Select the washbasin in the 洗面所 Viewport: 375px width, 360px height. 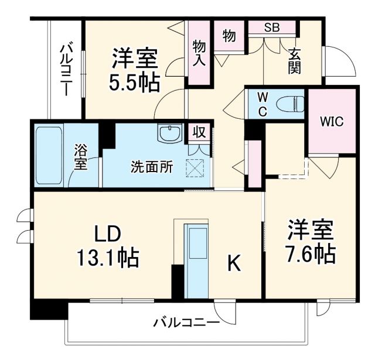tap(167, 132)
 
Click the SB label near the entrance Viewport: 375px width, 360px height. tap(271, 27)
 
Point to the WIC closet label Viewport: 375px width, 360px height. tap(331, 122)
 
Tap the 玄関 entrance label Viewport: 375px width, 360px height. tap(294, 60)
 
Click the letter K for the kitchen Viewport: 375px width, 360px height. tap(233, 265)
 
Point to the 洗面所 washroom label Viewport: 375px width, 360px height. tap(151, 166)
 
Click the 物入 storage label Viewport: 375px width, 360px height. tap(199, 52)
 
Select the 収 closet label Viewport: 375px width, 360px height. tap(199, 132)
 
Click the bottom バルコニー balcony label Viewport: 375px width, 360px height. tap(186, 323)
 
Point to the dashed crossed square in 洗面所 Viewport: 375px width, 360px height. tap(194, 168)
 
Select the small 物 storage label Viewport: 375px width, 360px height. tap(229, 36)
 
